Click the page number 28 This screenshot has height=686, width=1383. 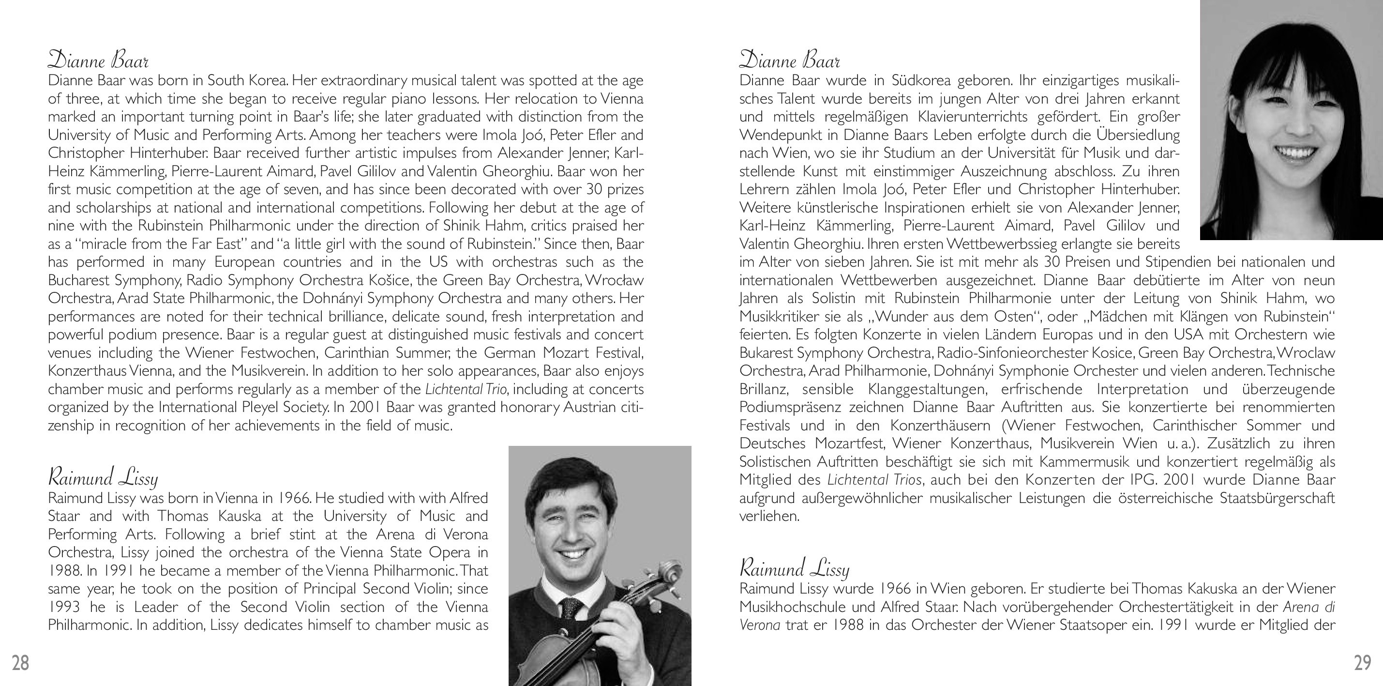tap(20, 663)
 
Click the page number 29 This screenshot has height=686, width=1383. tap(1363, 663)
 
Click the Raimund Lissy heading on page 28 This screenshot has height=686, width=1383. tap(103, 477)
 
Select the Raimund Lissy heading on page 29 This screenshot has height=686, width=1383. tap(794, 568)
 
